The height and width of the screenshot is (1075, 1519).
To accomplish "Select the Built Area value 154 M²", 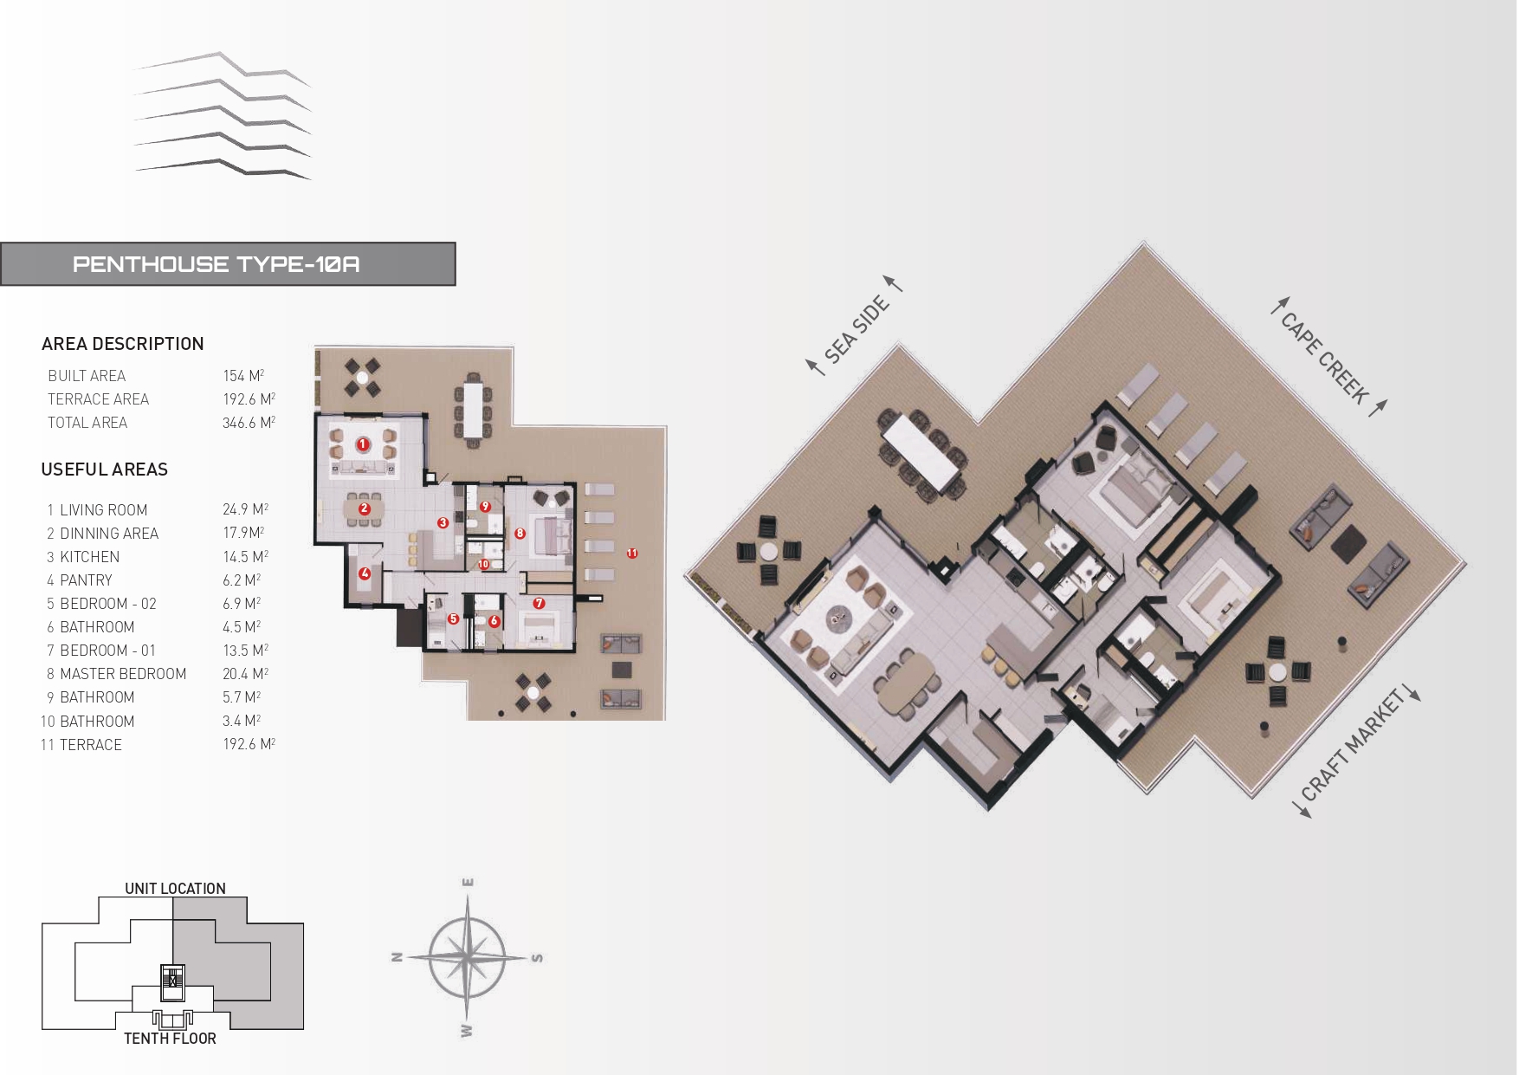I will [x=243, y=376].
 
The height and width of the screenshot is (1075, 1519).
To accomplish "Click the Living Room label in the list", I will [x=103, y=510].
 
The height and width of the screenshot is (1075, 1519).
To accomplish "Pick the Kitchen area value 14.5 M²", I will [x=245, y=557].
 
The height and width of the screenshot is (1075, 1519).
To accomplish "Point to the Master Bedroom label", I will [x=123, y=674].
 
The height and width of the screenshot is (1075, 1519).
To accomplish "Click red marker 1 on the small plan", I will [x=363, y=444].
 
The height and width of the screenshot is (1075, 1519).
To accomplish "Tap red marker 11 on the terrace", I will [x=632, y=553].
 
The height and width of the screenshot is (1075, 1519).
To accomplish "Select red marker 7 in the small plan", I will [x=539, y=603].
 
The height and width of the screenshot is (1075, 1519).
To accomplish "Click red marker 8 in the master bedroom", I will [x=520, y=534].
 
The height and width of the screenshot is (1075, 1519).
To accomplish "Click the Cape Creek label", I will [x=1325, y=359].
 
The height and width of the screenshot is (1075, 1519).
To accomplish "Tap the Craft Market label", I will [x=1352, y=745].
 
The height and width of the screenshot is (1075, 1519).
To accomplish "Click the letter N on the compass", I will [x=398, y=957].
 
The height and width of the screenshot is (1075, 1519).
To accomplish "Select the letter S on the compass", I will [x=537, y=958].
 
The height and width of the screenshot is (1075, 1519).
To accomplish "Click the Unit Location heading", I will [x=175, y=889].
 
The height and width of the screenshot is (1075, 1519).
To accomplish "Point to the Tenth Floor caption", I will [x=170, y=1039].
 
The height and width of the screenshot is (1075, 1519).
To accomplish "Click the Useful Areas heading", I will [x=105, y=470].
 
